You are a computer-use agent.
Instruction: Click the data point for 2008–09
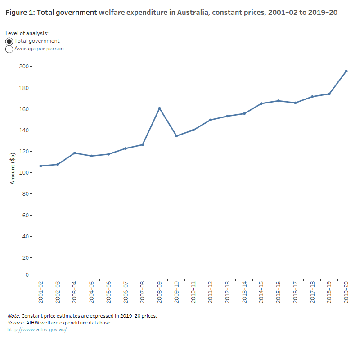click(x=159, y=108)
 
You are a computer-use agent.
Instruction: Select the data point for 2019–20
click(x=346, y=71)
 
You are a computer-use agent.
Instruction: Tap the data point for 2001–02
click(x=40, y=166)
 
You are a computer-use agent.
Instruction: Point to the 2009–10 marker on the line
click(x=176, y=136)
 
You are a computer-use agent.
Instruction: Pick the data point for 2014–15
click(x=261, y=103)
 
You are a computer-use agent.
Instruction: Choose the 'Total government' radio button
click(x=9, y=41)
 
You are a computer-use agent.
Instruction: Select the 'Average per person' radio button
click(x=9, y=49)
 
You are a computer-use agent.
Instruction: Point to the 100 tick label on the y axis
click(x=23, y=173)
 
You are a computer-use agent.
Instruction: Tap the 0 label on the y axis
click(x=27, y=275)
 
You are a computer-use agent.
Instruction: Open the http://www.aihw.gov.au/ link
click(x=37, y=330)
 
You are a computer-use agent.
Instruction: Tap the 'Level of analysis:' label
click(x=27, y=33)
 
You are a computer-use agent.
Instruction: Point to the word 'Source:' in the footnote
click(x=16, y=323)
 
